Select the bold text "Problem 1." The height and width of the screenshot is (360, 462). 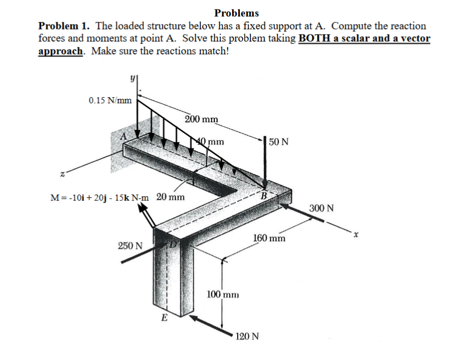pos(64,26)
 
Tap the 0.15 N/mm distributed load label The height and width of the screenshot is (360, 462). pos(110,101)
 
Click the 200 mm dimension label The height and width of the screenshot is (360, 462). pos(201,119)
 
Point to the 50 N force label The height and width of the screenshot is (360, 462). pos(278,142)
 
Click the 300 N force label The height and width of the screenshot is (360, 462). pos(322,209)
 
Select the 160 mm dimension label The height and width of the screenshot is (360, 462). pos(269,238)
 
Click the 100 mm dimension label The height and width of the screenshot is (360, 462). pos(223,294)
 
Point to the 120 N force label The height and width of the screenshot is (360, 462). pos(247,336)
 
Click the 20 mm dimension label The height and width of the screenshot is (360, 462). pos(170,197)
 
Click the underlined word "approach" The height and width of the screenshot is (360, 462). pos(61,51)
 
